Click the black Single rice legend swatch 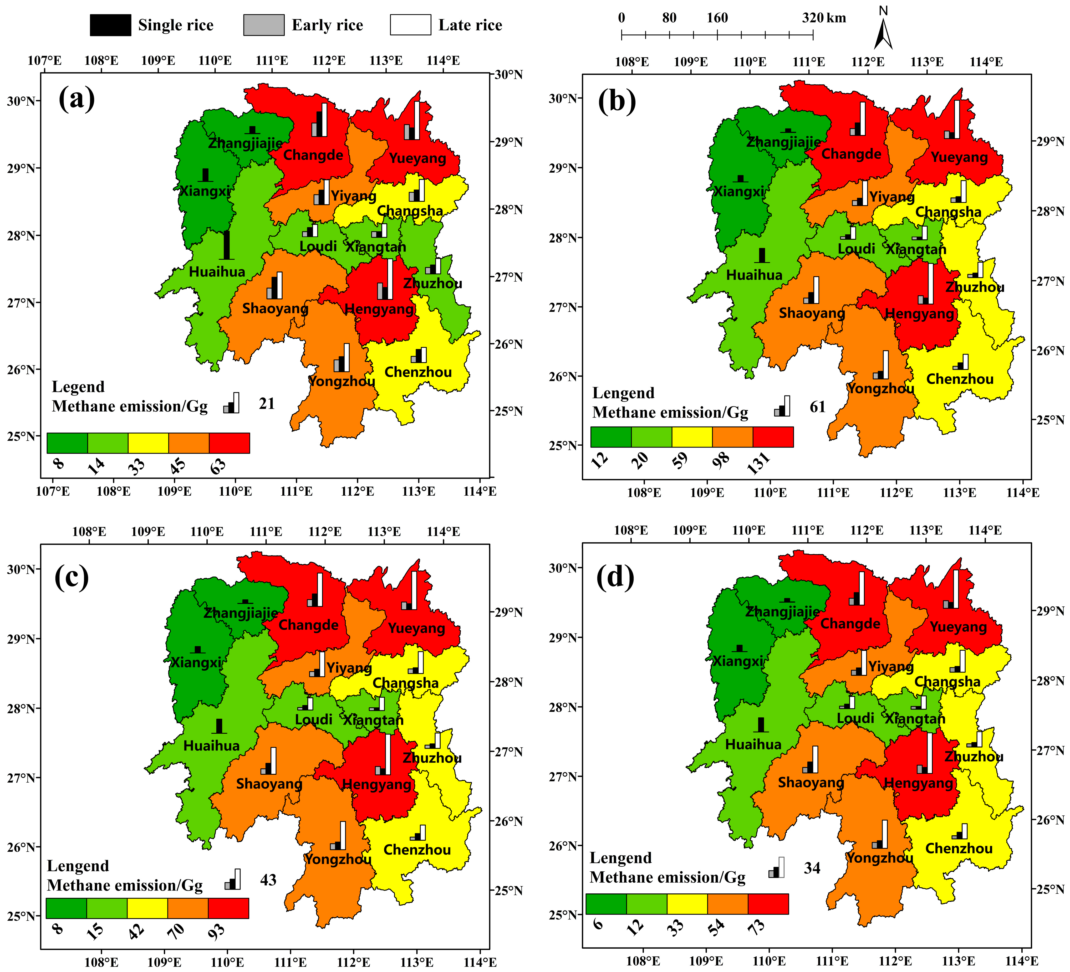pos(110,25)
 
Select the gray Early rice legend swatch pos(264,25)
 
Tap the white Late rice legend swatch pos(410,25)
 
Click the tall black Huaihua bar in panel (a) pos(227,245)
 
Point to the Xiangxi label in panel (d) pos(738,661)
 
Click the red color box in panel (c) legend pos(228,908)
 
